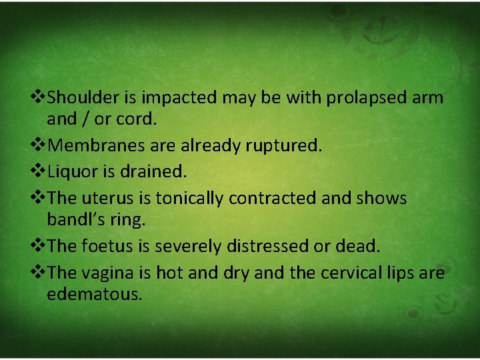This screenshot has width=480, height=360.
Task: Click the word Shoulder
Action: pyautogui.click(x=83, y=97)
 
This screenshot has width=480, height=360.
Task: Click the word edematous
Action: pyautogui.click(x=95, y=294)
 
